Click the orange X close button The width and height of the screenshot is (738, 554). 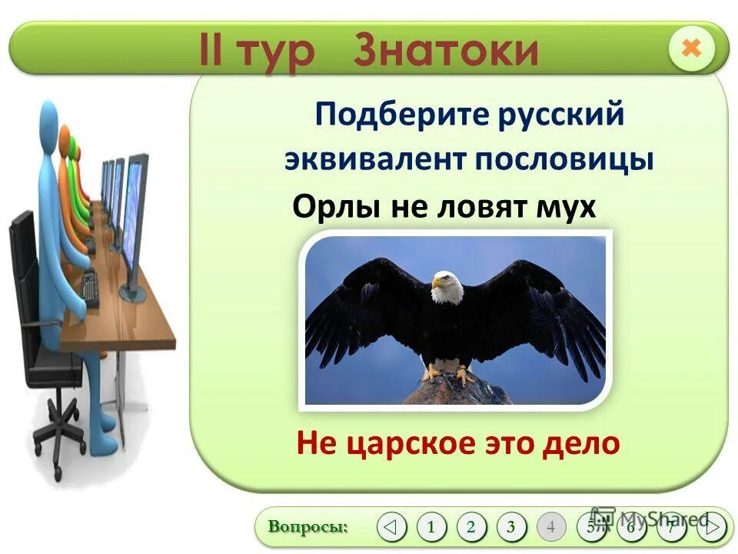(x=691, y=48)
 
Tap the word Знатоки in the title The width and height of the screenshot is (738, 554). (x=446, y=51)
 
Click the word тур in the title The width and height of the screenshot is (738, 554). (x=276, y=51)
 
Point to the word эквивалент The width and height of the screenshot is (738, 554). (x=375, y=159)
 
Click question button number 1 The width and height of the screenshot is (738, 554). (x=431, y=527)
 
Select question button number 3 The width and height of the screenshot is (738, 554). (x=511, y=527)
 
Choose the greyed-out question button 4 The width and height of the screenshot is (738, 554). (x=551, y=527)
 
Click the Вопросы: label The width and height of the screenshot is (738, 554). (x=308, y=527)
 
